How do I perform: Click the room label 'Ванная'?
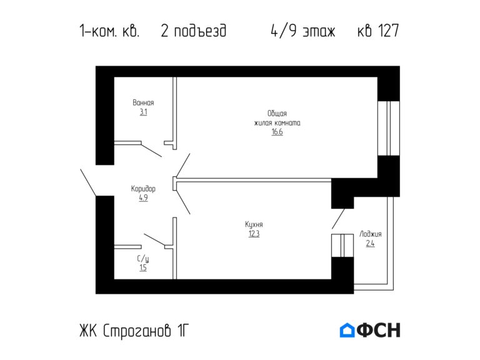[143, 103]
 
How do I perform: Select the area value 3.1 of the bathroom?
[143, 112]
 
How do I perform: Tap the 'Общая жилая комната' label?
[277, 118]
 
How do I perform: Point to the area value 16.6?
[277, 132]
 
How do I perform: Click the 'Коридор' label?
[143, 188]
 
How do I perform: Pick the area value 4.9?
[143, 198]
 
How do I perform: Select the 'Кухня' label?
[254, 224]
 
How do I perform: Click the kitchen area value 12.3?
[254, 234]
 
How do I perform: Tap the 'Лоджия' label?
[370, 234]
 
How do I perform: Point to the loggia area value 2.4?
[370, 244]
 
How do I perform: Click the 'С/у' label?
[143, 258]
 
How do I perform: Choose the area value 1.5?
[143, 268]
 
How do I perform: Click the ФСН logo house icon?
[347, 330]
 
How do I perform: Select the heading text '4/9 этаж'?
[303, 31]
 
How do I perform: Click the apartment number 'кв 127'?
[377, 31]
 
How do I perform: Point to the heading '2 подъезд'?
[193, 31]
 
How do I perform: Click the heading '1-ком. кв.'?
[109, 31]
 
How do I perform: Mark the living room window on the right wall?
[389, 128]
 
